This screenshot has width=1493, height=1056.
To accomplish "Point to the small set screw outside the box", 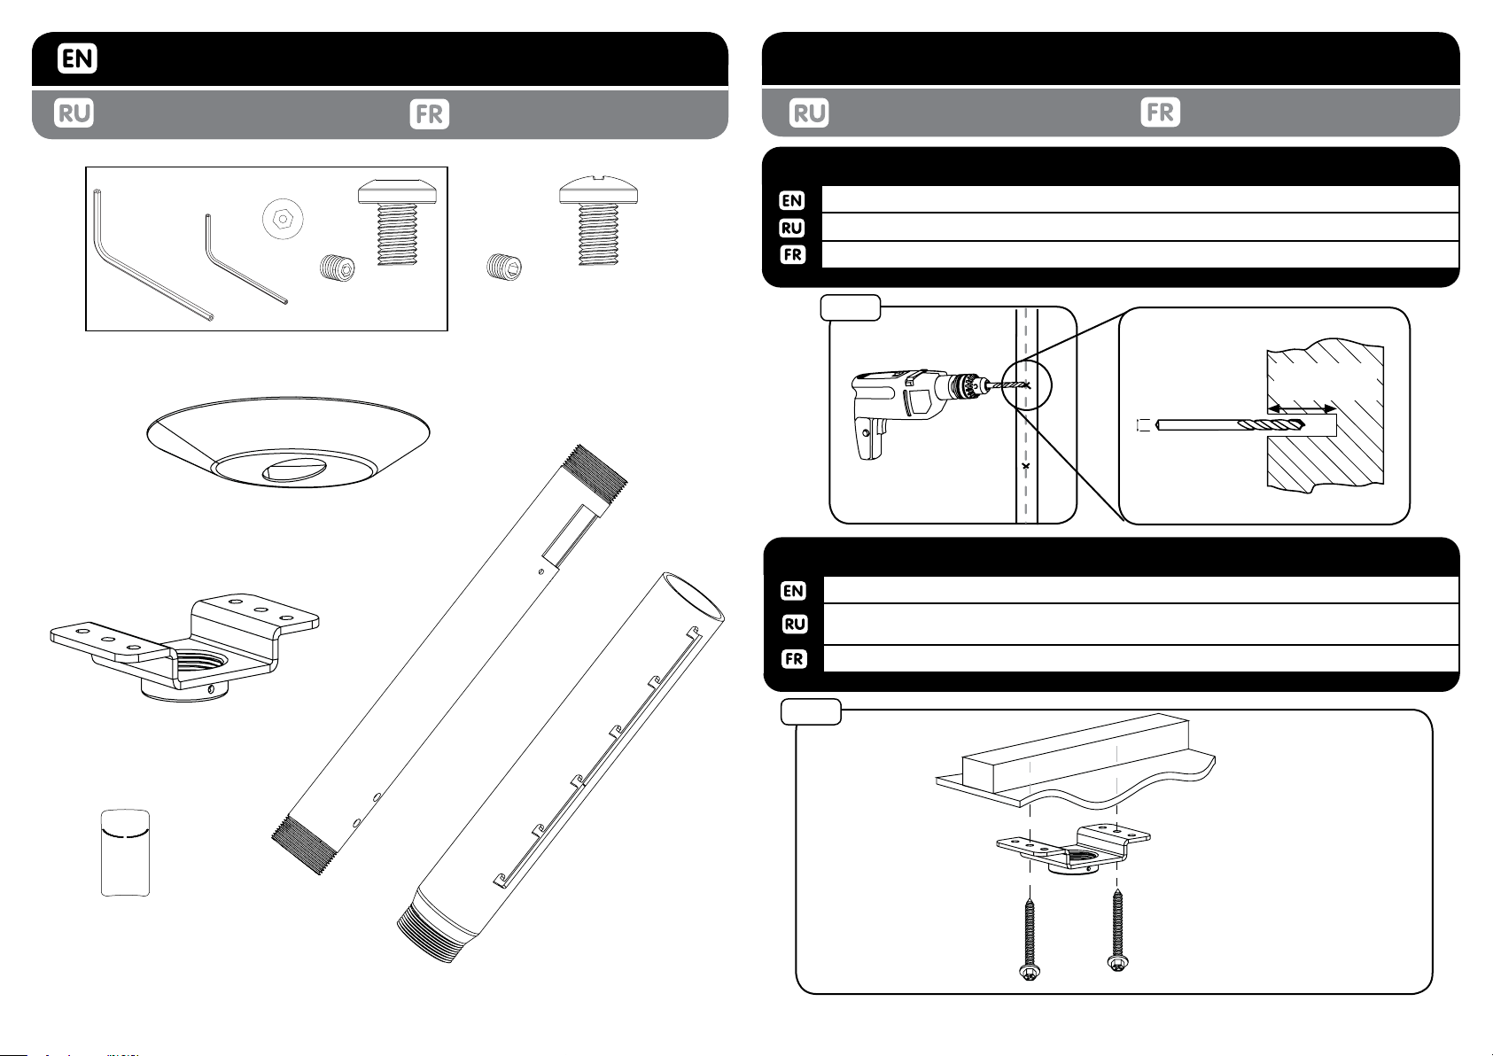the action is pos(505,266).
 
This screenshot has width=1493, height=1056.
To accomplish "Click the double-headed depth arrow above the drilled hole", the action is pos(1302,408).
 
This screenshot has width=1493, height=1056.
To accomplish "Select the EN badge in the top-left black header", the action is pos(78,59).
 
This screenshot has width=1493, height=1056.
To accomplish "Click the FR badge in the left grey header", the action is pos(431,115).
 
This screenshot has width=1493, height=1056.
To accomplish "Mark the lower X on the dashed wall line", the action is pos(1025,465).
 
